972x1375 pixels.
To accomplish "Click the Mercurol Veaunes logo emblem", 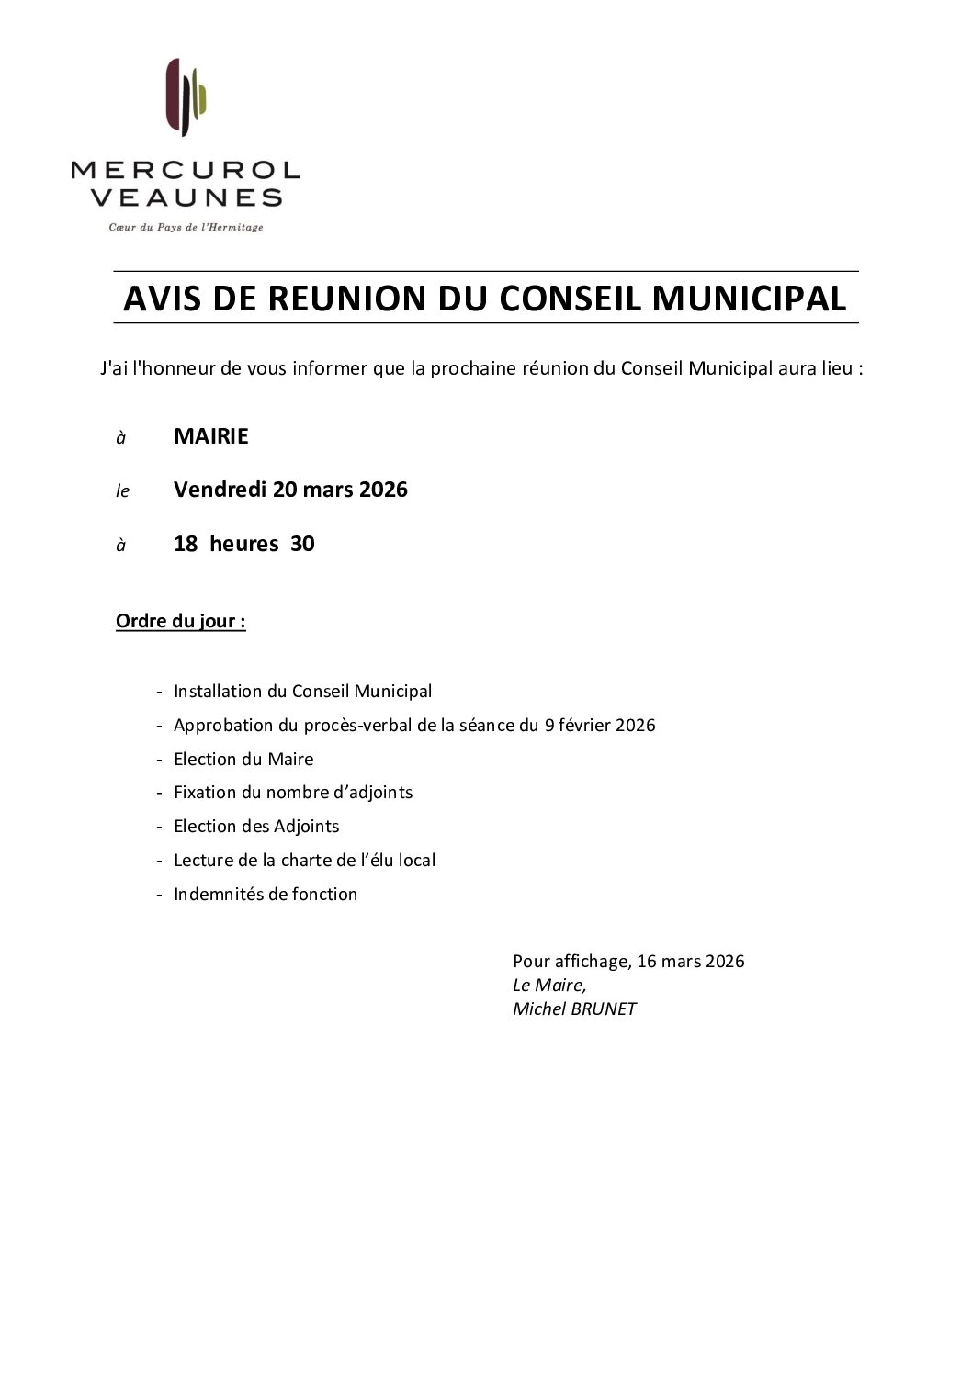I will pyautogui.click(x=186, y=96).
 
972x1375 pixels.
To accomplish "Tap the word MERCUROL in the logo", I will pyautogui.click(x=186, y=170).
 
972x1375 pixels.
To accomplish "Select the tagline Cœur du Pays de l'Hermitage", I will pyautogui.click(x=186, y=227).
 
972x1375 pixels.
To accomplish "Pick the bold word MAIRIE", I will pyautogui.click(x=210, y=436).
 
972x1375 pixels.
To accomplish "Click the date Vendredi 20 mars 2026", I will pyautogui.click(x=290, y=490).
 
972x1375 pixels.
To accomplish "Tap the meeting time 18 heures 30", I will pyautogui.click(x=243, y=544).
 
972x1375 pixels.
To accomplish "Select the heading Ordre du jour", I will pyautogui.click(x=180, y=622).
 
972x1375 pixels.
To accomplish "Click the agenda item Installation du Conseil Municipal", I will pyautogui.click(x=302, y=691).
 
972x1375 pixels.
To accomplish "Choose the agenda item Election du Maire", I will pyautogui.click(x=243, y=759).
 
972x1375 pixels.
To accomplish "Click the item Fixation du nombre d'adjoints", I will pyautogui.click(x=293, y=792).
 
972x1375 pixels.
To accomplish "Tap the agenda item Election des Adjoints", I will pyautogui.click(x=256, y=826).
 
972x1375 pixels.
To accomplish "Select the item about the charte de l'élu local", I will pyautogui.click(x=304, y=860).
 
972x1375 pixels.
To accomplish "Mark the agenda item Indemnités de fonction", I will pyautogui.click(x=266, y=894).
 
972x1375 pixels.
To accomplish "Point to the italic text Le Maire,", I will pyautogui.click(x=548, y=985).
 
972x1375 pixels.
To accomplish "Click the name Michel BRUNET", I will pyautogui.click(x=574, y=1009).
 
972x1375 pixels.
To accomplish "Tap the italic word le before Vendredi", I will pyautogui.click(x=122, y=491).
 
